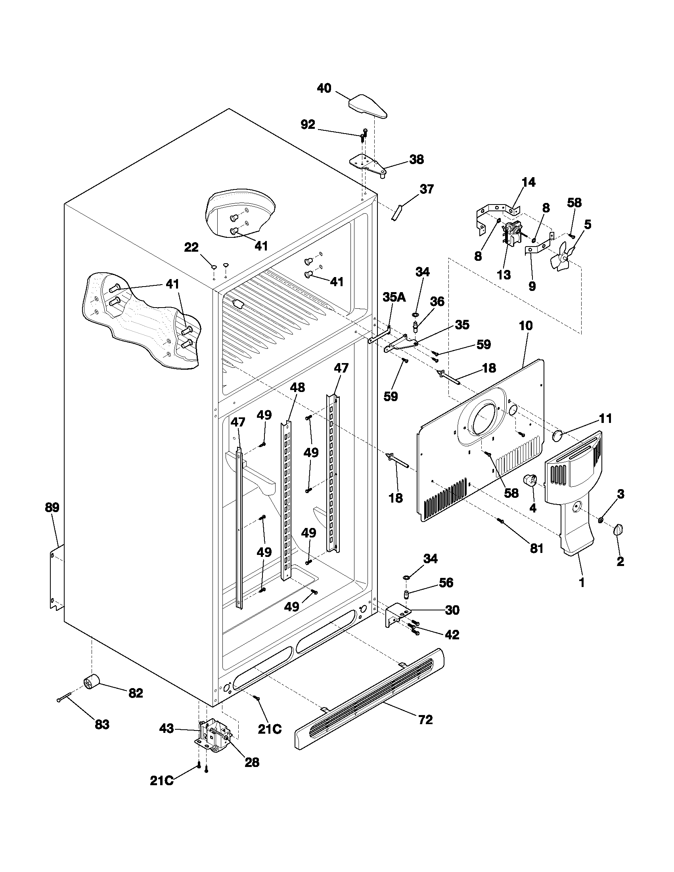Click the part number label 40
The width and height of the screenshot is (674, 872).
point(324,88)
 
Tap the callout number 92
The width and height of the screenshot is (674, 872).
point(307,125)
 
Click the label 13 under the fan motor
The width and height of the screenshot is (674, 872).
point(504,275)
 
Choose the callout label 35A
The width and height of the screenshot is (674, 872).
point(394,297)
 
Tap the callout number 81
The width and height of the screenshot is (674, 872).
point(536,549)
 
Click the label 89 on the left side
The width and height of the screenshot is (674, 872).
point(52,508)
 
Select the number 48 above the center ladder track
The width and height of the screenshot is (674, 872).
point(297,387)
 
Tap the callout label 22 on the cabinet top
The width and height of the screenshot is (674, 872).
point(191,248)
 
